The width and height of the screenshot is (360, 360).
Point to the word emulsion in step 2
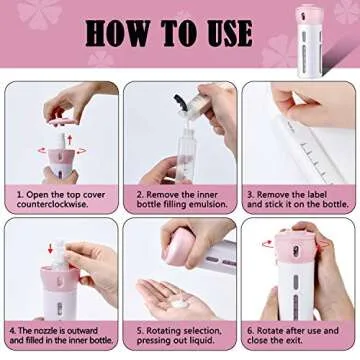[213, 205]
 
